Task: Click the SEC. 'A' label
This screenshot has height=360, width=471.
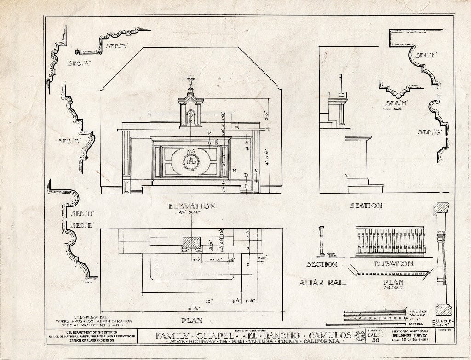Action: pyautogui.click(x=78, y=63)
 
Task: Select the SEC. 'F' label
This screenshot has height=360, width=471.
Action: pyautogui.click(x=426, y=56)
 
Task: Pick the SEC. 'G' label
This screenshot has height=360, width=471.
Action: pyautogui.click(x=430, y=132)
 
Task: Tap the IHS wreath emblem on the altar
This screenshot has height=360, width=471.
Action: pyautogui.click(x=190, y=161)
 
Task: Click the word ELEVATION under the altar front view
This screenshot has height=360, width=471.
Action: pyautogui.click(x=192, y=206)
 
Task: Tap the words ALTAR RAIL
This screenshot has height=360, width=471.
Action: pyautogui.click(x=323, y=282)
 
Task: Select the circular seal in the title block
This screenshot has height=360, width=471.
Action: pyautogui.click(x=359, y=336)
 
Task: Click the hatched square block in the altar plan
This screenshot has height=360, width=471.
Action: pyautogui.click(x=192, y=243)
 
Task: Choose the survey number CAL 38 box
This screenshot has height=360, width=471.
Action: pyautogui.click(x=373, y=337)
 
